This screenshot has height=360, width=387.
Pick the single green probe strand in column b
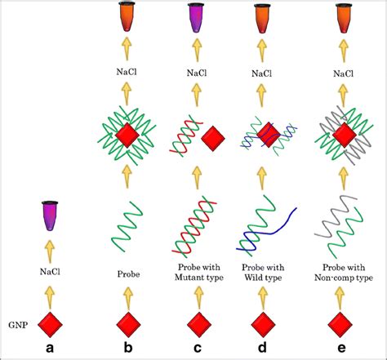[127, 224]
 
